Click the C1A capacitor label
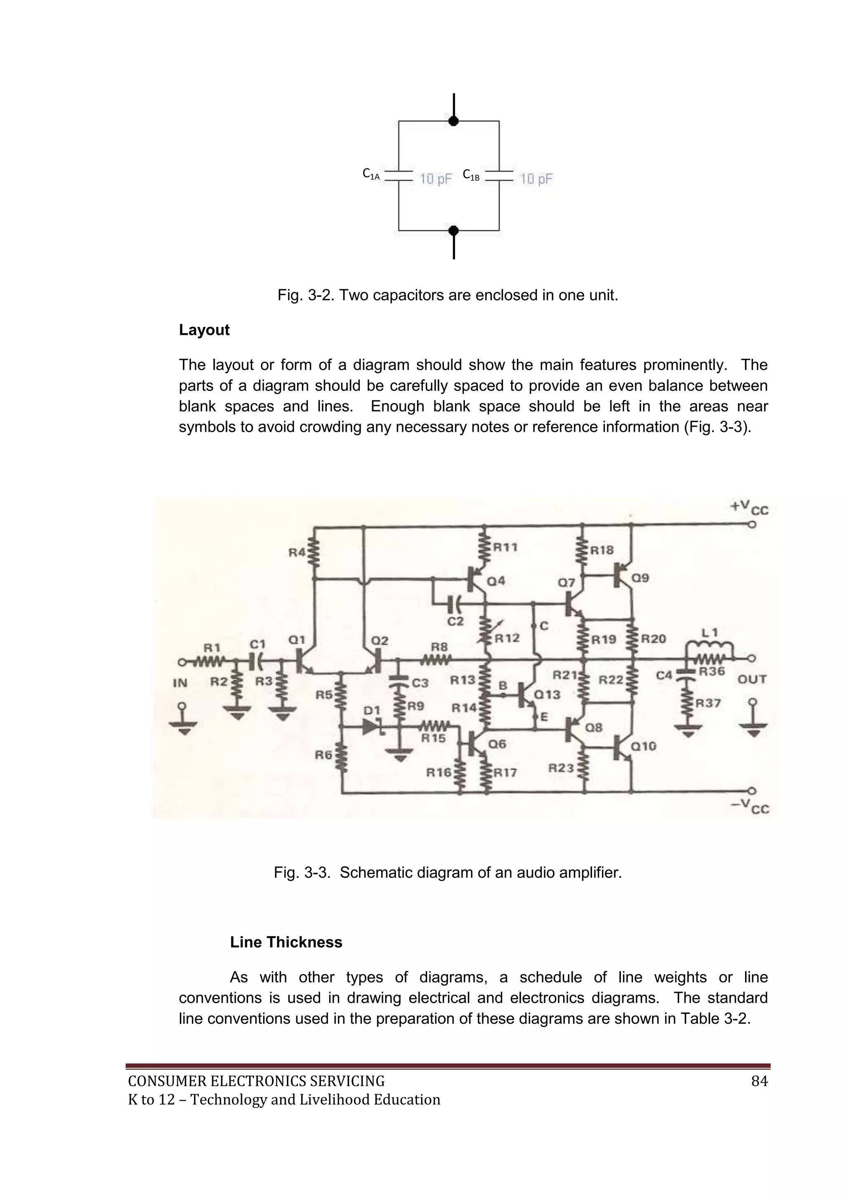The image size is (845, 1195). (x=371, y=175)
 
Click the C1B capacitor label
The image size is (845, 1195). (x=471, y=175)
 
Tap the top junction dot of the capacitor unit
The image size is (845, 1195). (x=454, y=121)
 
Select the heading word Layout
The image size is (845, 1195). (x=204, y=330)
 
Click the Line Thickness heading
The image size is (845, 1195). (x=286, y=942)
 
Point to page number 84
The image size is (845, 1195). (x=760, y=1081)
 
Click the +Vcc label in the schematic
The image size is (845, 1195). (x=749, y=507)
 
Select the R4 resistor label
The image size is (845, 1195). (x=297, y=552)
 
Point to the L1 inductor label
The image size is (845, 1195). (x=710, y=633)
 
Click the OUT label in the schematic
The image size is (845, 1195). (x=752, y=679)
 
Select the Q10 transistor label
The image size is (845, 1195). (x=644, y=746)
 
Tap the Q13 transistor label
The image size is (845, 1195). (x=548, y=694)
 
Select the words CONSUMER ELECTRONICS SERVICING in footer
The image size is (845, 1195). (x=257, y=1081)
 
